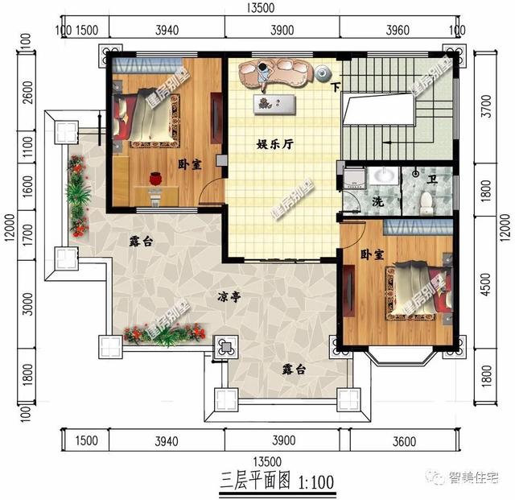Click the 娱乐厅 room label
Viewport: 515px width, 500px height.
[274, 145]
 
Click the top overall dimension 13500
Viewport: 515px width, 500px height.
[261, 9]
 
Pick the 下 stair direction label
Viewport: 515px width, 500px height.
[336, 86]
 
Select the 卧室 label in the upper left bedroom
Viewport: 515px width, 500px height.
[190, 160]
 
